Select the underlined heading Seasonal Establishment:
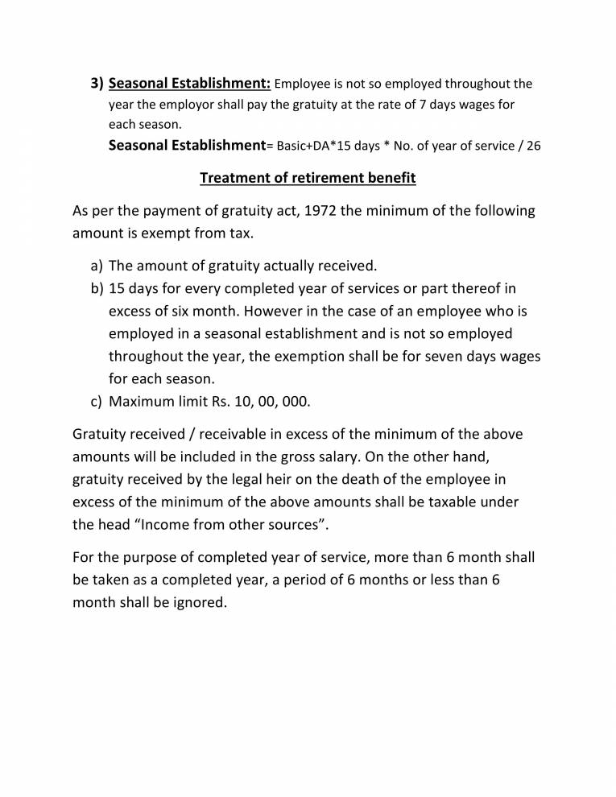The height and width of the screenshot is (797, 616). tap(189, 84)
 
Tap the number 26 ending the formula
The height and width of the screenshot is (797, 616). tap(533, 147)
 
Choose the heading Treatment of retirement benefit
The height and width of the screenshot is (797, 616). tap(308, 178)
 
